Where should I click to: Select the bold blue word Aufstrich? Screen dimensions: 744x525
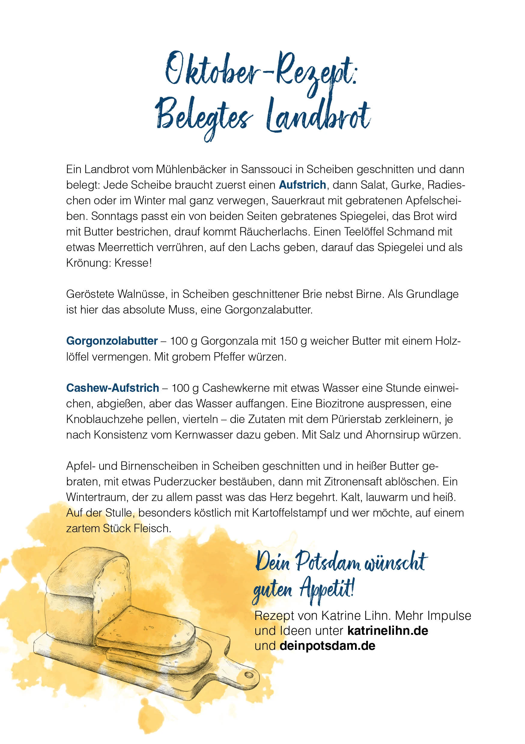pos(302,185)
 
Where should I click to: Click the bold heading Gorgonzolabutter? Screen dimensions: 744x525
pos(112,341)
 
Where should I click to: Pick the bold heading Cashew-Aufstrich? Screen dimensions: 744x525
pos(113,388)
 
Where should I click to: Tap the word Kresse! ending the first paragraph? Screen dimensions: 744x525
pos(133,263)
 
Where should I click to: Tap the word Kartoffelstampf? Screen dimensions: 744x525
pos(289,513)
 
